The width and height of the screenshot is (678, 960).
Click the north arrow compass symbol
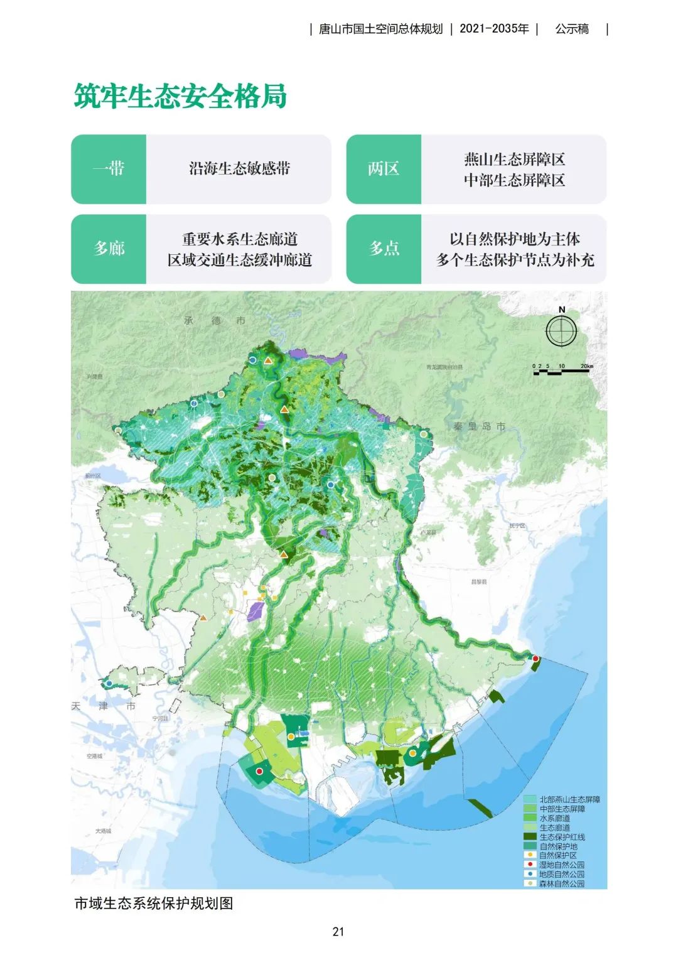pyautogui.click(x=561, y=331)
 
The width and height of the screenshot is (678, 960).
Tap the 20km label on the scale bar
pyautogui.click(x=586, y=366)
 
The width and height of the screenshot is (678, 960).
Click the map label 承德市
pyautogui.click(x=215, y=321)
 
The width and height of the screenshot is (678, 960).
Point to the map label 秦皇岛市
pyautogui.click(x=480, y=426)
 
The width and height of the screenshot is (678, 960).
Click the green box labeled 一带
pyautogui.click(x=109, y=169)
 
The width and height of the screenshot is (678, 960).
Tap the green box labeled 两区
pyautogui.click(x=384, y=169)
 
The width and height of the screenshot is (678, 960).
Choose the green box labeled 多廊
pyautogui.click(x=109, y=249)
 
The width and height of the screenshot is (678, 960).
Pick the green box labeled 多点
pyautogui.click(x=384, y=249)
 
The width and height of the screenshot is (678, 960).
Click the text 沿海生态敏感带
pyautogui.click(x=239, y=169)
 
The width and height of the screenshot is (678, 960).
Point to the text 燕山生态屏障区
pyautogui.click(x=514, y=159)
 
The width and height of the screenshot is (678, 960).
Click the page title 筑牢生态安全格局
pyautogui.click(x=180, y=96)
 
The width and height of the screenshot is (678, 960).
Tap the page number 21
pyautogui.click(x=338, y=932)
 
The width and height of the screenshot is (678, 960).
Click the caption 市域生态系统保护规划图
pyautogui.click(x=154, y=903)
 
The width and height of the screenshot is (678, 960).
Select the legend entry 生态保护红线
pyautogui.click(x=562, y=837)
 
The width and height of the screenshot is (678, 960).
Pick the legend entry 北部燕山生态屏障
pyautogui.click(x=569, y=799)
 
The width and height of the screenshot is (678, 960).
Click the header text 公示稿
pyautogui.click(x=572, y=29)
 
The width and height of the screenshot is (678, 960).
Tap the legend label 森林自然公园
pyautogui.click(x=562, y=883)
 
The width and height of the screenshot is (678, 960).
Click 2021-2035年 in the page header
pyautogui.click(x=494, y=29)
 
